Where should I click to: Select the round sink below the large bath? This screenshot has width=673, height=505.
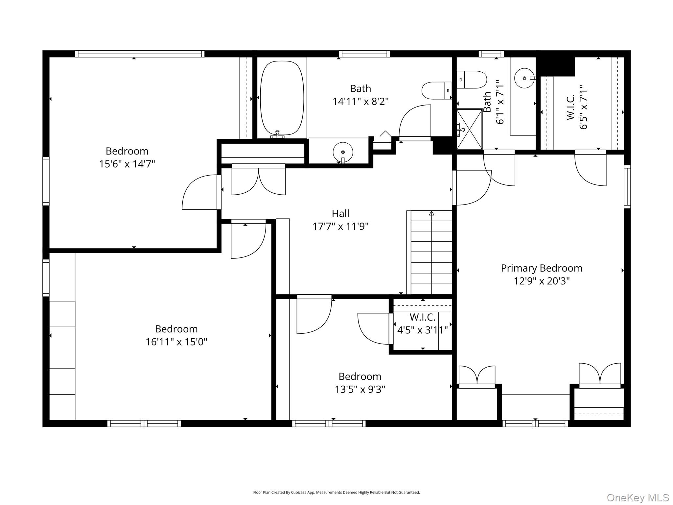pyautogui.click(x=343, y=152)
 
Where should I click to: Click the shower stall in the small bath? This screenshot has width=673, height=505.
pyautogui.click(x=470, y=129)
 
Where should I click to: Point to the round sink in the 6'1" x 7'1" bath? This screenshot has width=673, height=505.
pyautogui.click(x=524, y=78)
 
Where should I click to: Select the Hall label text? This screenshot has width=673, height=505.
pyautogui.click(x=340, y=213)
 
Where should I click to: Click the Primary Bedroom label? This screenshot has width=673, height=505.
pyautogui.click(x=542, y=268)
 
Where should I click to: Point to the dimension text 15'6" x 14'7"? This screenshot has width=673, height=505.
pyautogui.click(x=127, y=164)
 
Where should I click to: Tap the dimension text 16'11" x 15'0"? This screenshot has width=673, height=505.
pyautogui.click(x=176, y=342)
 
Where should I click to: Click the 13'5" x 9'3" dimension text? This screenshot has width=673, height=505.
pyautogui.click(x=360, y=389)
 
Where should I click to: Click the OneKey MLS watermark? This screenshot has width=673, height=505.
pyautogui.click(x=638, y=497)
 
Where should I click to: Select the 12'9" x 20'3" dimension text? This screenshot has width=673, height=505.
pyautogui.click(x=542, y=281)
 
